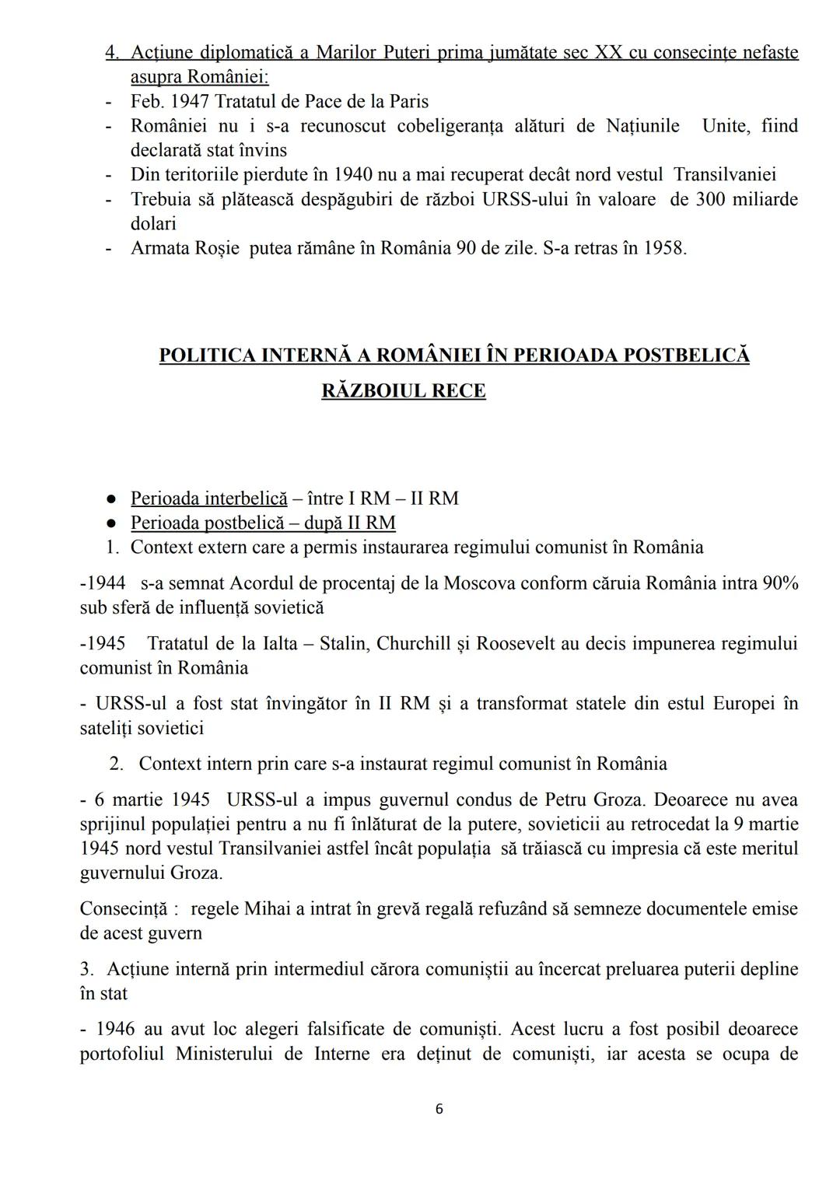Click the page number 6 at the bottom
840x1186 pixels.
tap(439, 1109)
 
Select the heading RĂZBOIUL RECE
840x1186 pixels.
tap(403, 390)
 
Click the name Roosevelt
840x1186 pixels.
tap(513, 644)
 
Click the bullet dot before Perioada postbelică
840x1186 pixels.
tap(113, 523)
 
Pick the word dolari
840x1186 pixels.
tap(153, 224)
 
